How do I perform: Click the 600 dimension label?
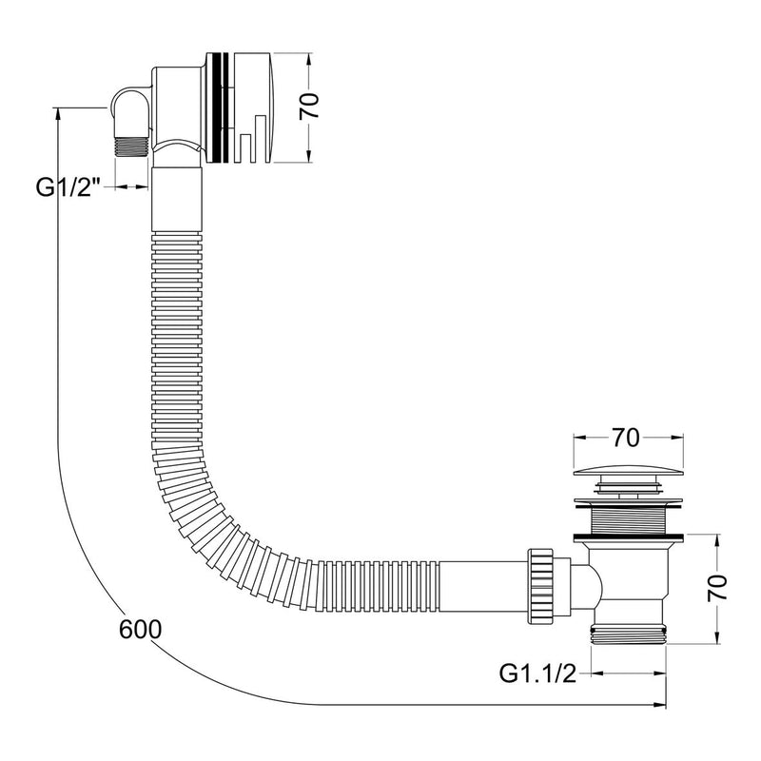click(x=141, y=629)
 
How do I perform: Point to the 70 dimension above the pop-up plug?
click(x=624, y=438)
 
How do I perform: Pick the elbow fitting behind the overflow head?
click(x=133, y=105)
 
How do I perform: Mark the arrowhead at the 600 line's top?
click(x=60, y=112)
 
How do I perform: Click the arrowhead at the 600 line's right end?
click(x=661, y=704)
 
